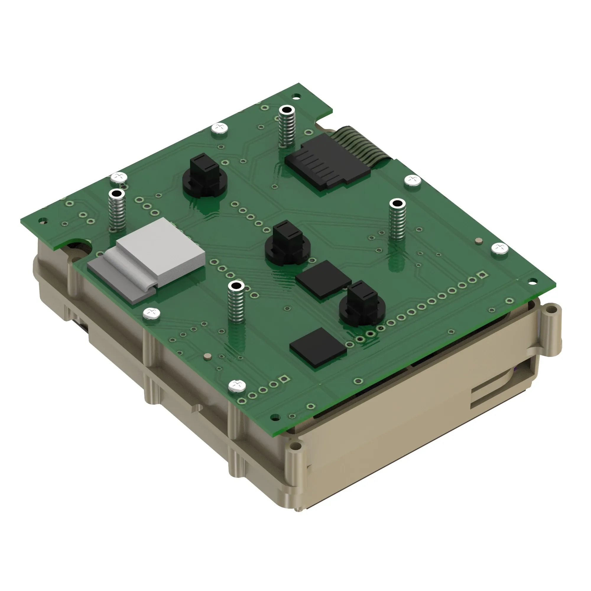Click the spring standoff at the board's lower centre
click(236, 303)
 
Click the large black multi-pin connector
click(327, 162)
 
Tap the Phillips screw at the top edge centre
click(220, 128)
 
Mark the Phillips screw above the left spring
click(119, 177)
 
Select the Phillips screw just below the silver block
click(151, 313)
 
